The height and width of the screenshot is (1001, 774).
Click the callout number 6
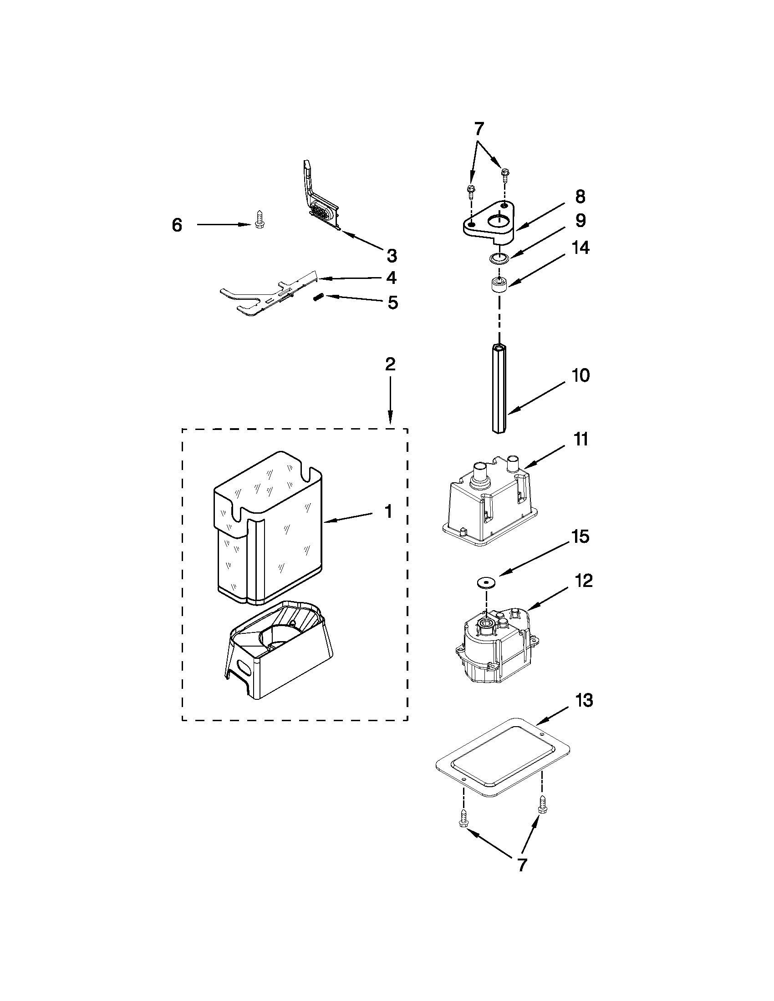tap(177, 226)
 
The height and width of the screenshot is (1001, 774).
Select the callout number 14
tap(580, 248)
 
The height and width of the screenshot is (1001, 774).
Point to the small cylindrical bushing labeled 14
tap(499, 286)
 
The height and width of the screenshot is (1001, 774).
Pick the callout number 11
tap(581, 439)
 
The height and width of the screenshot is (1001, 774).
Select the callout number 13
tap(584, 700)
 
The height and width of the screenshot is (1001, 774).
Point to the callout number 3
tap(391, 255)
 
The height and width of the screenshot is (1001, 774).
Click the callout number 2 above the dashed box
tap(390, 364)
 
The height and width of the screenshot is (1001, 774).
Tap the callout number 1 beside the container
tap(388, 511)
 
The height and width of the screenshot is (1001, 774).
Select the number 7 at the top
tap(478, 130)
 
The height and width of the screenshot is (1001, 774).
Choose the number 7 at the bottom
tap(522, 865)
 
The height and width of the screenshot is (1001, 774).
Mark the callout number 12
tap(584, 581)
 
